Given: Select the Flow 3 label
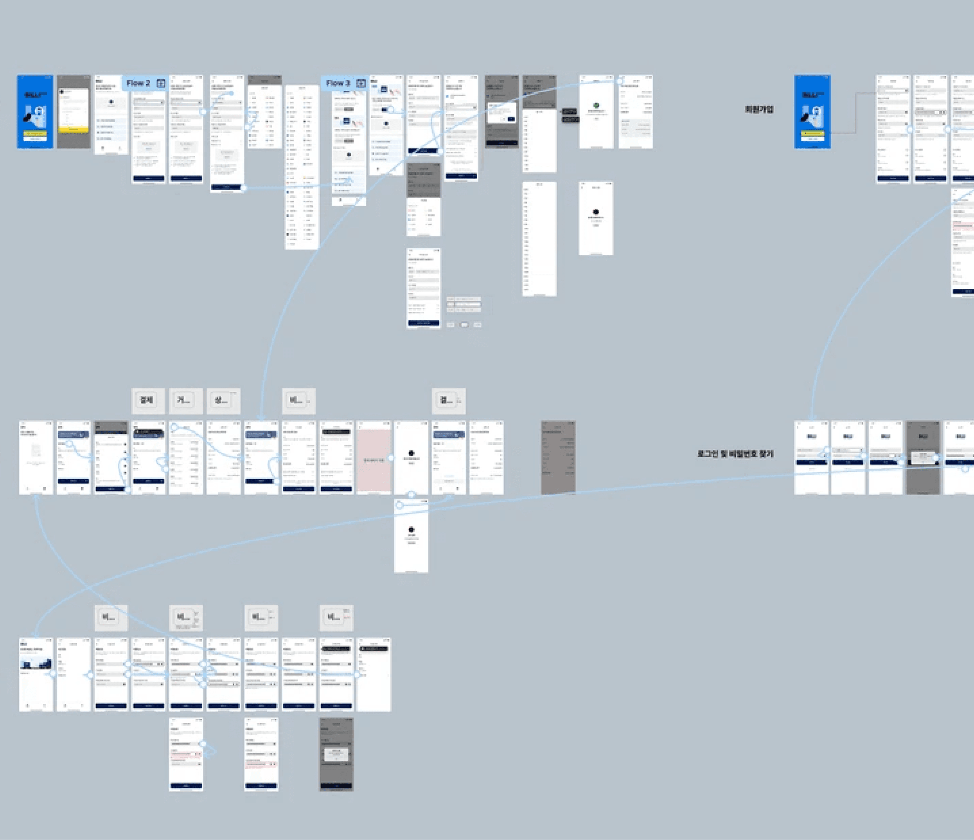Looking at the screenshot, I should (338, 83).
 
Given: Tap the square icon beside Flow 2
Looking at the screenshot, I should (161, 83).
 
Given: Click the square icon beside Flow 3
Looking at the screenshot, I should (361, 83).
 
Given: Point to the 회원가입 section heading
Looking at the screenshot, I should (759, 109).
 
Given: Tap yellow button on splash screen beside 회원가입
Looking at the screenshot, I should (812, 133).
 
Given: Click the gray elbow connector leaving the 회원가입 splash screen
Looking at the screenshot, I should (855, 113).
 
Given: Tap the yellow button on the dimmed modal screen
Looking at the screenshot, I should (74, 129).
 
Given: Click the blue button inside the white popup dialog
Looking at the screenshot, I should (511, 119).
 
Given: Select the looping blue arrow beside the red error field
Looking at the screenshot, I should (210, 751).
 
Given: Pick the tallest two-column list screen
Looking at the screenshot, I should (302, 167).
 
